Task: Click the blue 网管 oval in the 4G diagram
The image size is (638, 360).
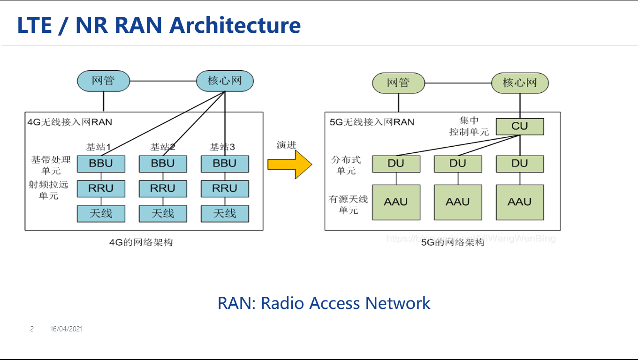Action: pyautogui.click(x=103, y=81)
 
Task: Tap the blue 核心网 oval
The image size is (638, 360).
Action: pyautogui.click(x=225, y=81)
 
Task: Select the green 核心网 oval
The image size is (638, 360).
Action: pyautogui.click(x=520, y=83)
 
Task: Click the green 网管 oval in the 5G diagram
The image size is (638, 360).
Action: pyautogui.click(x=398, y=83)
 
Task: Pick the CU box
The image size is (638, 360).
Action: pyautogui.click(x=520, y=127)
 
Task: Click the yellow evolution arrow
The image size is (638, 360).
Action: pyautogui.click(x=289, y=164)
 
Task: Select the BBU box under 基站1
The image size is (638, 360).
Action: pyautogui.click(x=101, y=164)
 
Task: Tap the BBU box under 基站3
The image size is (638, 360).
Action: pyautogui.click(x=225, y=164)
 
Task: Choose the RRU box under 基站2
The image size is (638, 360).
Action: pyautogui.click(x=163, y=188)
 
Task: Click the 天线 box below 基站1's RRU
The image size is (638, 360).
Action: pyautogui.click(x=101, y=213)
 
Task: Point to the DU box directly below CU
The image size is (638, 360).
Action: pyautogui.click(x=520, y=164)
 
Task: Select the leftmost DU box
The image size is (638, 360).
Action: pyautogui.click(x=396, y=164)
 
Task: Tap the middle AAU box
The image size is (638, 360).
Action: pyautogui.click(x=458, y=202)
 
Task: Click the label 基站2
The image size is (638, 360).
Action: pyautogui.click(x=163, y=147)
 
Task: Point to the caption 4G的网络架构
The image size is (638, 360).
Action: pyautogui.click(x=141, y=242)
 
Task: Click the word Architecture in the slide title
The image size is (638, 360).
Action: pyautogui.click(x=235, y=25)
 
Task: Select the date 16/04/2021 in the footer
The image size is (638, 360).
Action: pyautogui.click(x=67, y=329)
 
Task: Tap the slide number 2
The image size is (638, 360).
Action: pyautogui.click(x=32, y=329)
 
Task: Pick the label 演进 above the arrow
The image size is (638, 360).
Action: pyautogui.click(x=286, y=145)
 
